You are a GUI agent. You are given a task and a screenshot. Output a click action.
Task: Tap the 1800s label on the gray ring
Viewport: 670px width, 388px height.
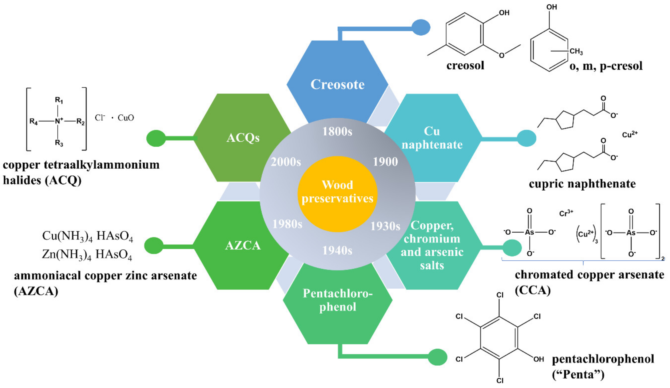337,131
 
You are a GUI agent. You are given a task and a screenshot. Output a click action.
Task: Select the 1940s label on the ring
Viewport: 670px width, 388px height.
337,250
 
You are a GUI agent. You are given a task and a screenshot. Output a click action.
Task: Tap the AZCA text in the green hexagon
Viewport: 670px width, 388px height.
243,245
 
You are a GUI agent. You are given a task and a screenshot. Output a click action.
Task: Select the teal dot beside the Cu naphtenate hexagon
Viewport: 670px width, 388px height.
526,138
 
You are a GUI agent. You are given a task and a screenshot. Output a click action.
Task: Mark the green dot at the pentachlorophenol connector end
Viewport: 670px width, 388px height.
437,357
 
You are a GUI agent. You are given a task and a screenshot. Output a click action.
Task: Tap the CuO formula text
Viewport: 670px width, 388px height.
126,118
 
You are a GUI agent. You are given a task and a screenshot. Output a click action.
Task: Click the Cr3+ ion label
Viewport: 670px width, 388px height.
566,213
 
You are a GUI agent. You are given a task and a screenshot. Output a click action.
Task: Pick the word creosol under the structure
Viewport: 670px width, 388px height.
465,65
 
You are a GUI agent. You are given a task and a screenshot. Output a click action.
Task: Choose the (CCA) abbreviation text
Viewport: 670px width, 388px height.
532,290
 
